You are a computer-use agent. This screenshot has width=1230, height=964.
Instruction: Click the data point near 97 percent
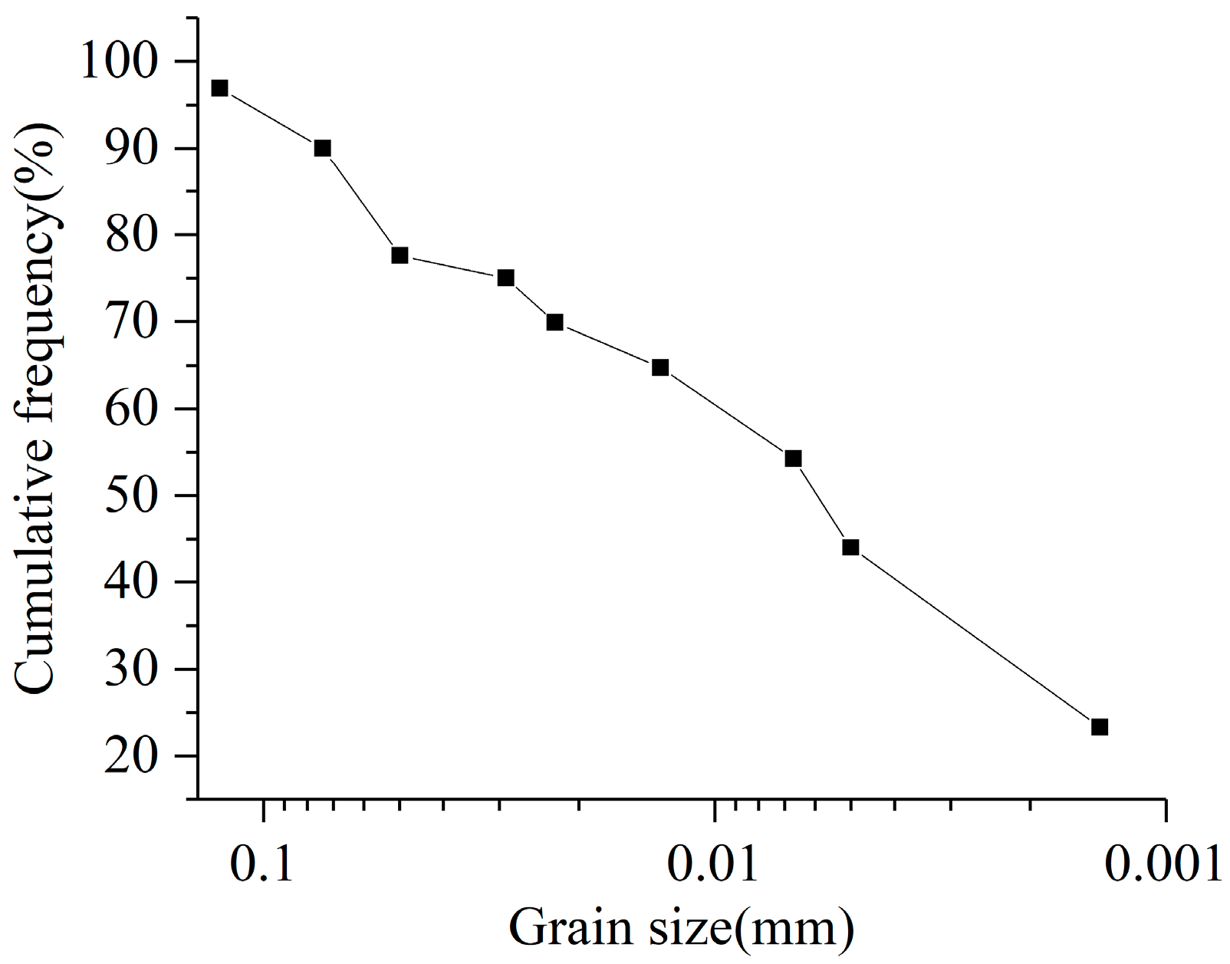coord(220,88)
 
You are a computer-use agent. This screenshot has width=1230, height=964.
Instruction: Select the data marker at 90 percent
coord(323,148)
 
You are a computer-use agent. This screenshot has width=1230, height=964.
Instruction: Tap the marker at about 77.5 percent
coord(400,255)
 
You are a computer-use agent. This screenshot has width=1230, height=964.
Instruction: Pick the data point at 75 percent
coord(505,278)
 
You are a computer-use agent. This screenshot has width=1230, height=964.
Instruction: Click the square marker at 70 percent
coord(555,322)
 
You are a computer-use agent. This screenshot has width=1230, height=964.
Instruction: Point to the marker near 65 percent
coord(660,368)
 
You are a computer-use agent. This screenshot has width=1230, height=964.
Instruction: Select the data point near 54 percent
coord(794,459)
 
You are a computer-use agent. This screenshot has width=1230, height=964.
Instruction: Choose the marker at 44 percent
coord(850,548)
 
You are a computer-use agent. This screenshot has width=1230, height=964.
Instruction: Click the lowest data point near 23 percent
coord(1100,727)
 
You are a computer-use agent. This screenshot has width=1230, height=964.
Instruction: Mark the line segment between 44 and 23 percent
coord(974,637)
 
